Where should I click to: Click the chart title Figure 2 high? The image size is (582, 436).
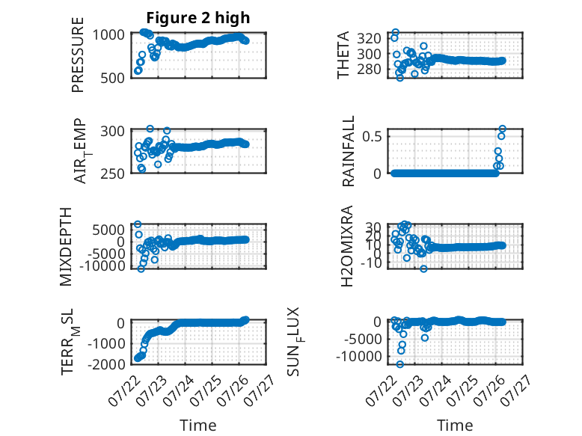pyautogui.click(x=197, y=18)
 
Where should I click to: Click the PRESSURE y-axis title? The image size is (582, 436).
pyautogui.click(x=78, y=55)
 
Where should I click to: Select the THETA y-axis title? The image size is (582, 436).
pyautogui.click(x=343, y=55)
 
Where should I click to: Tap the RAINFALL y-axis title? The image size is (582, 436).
pyautogui.click(x=348, y=151)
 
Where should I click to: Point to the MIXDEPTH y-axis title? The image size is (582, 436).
pyautogui.click(x=65, y=247)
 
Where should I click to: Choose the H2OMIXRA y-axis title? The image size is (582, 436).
pyautogui.click(x=346, y=246)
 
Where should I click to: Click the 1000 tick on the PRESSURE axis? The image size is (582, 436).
pyautogui.click(x=108, y=35)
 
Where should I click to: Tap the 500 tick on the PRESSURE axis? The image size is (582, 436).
pyautogui.click(x=112, y=78)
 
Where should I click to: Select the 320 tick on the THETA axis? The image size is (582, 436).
pyautogui.click(x=370, y=38)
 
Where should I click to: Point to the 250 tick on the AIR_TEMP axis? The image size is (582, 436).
pyautogui.click(x=112, y=174)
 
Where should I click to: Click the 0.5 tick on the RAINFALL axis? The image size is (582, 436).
pyautogui.click(x=372, y=137)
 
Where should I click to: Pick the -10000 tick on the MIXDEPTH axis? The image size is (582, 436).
pyautogui.click(x=102, y=265)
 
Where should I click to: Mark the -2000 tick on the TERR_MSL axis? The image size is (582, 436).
pyautogui.click(x=105, y=363)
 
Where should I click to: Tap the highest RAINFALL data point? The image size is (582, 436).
pyautogui.click(x=502, y=129)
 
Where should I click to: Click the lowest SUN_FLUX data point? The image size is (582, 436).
pyautogui.click(x=399, y=364)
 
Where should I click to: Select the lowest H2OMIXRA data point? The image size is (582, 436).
pyautogui.click(x=423, y=268)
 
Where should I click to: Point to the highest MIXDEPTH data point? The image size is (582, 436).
pyautogui.click(x=138, y=224)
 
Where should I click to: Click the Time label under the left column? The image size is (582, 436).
pyautogui.click(x=197, y=425)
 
